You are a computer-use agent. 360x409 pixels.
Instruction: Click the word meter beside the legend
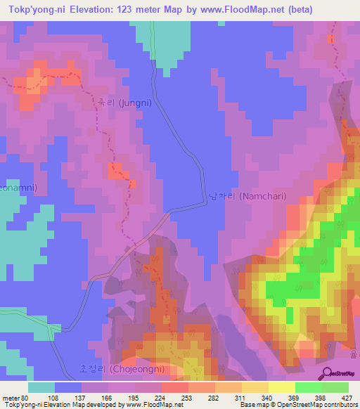[10, 397]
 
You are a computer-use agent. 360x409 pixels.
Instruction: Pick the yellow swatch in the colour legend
[281, 387]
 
